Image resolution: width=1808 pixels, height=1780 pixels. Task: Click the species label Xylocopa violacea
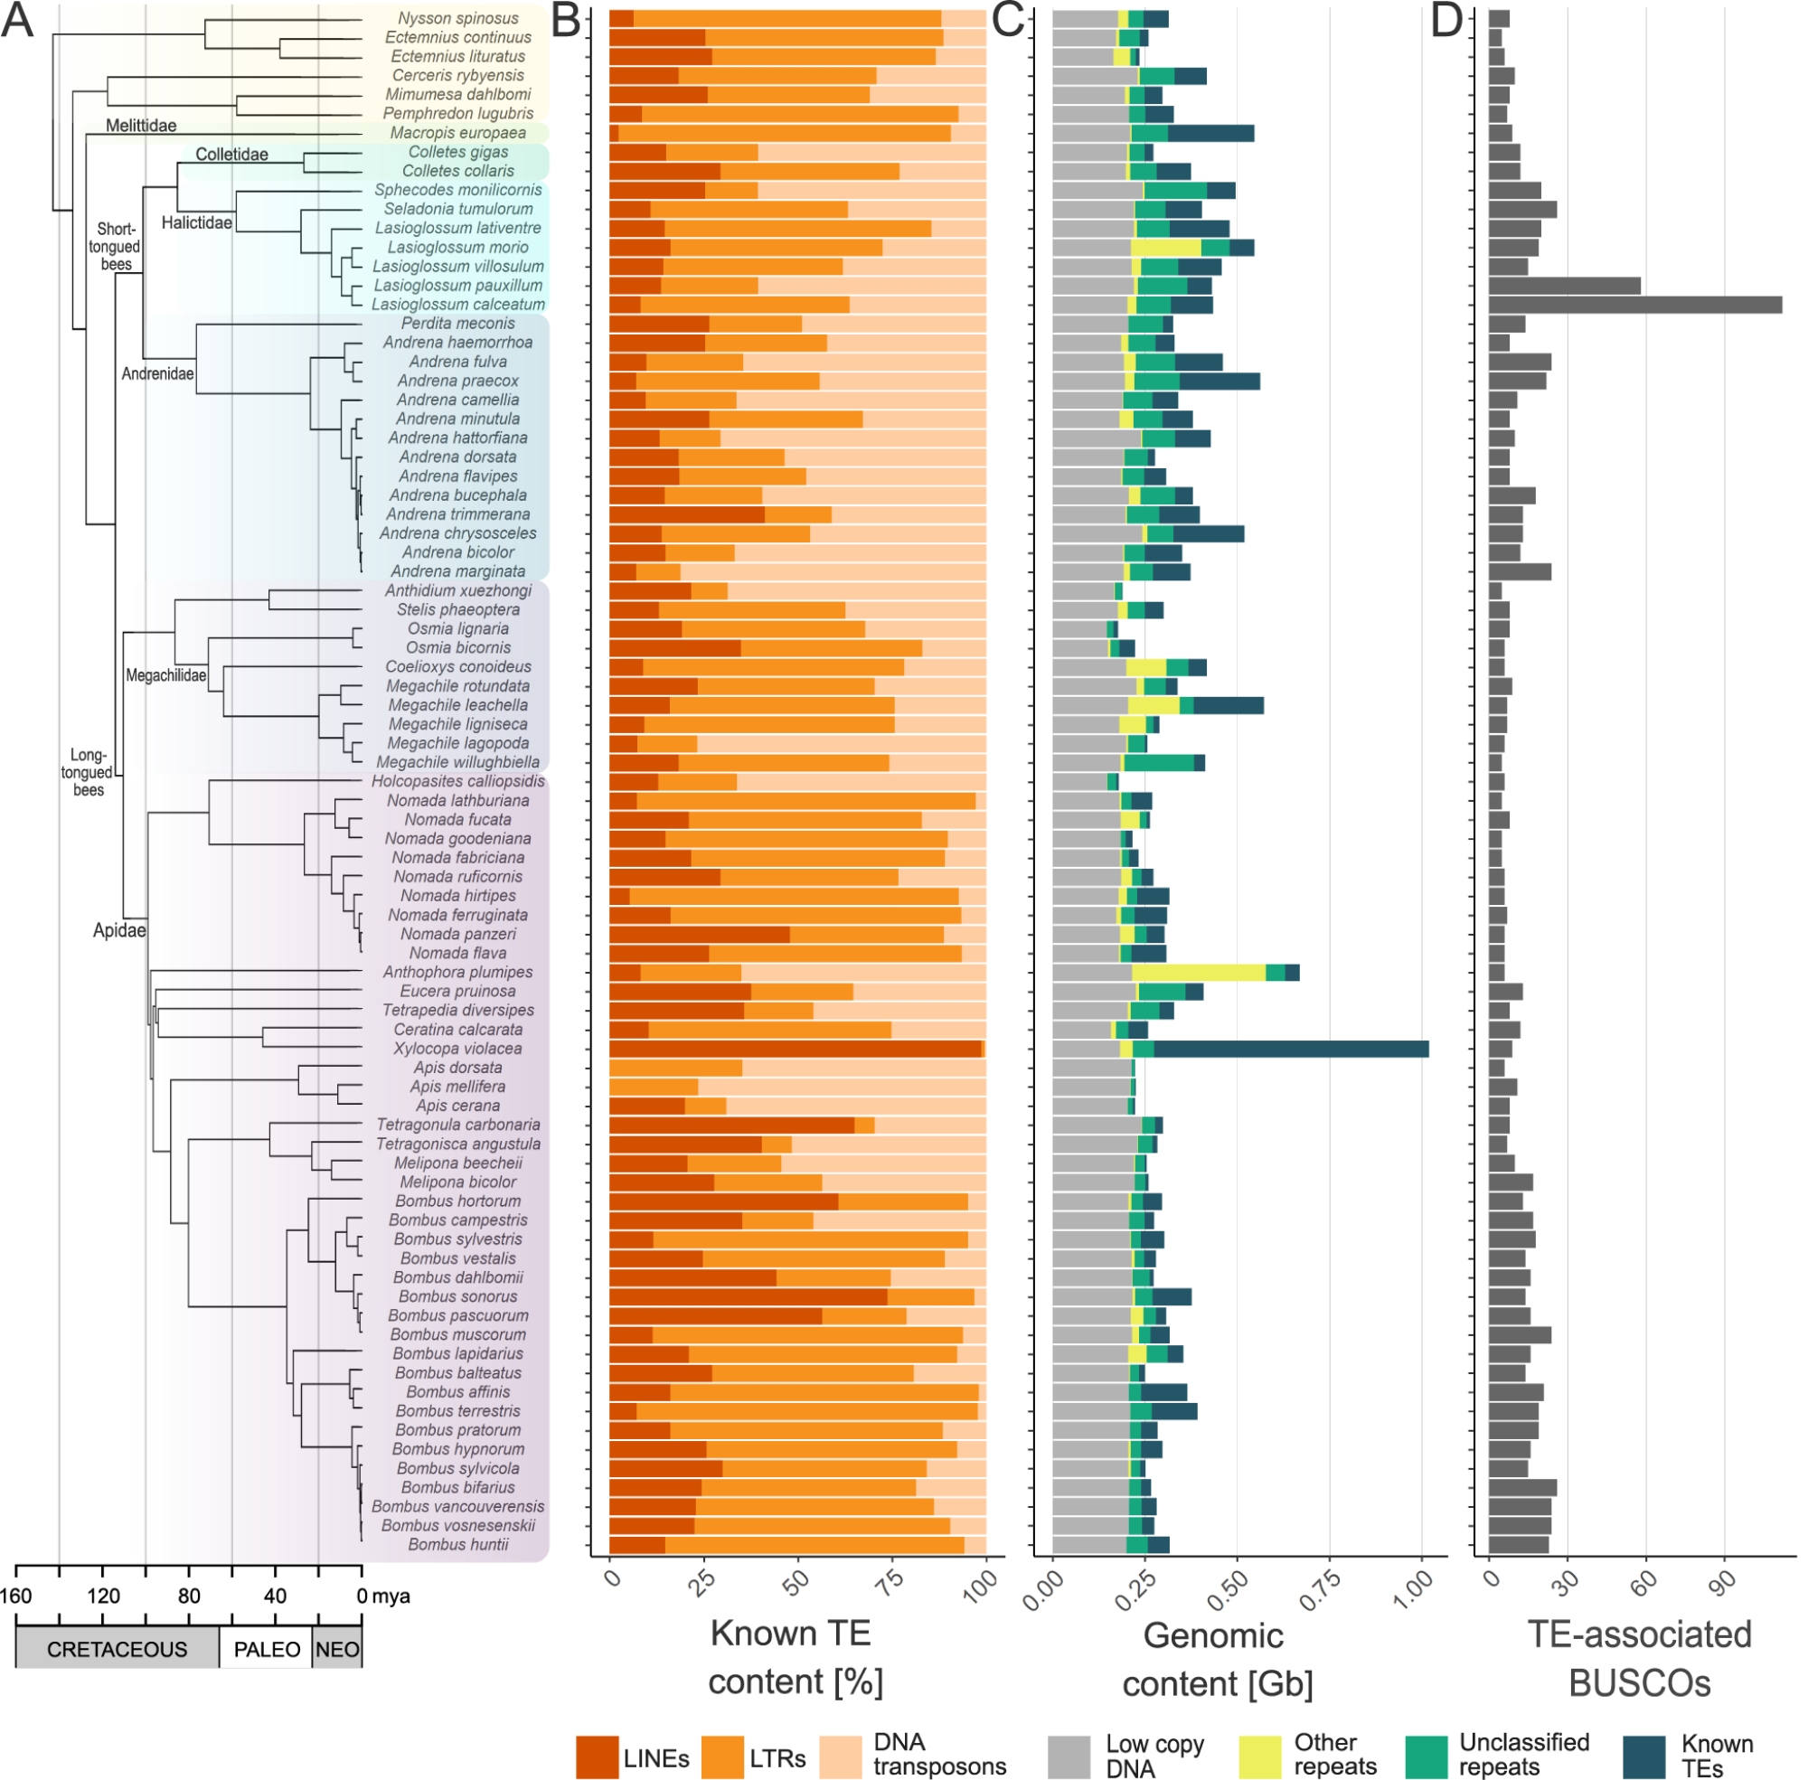tap(457, 1049)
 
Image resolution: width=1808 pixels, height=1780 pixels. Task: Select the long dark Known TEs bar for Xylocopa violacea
tap(1290, 1049)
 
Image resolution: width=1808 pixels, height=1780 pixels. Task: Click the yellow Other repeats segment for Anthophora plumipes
tap(1199, 973)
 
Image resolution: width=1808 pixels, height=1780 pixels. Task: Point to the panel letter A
tap(18, 21)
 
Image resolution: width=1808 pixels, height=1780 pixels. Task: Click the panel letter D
tap(1446, 21)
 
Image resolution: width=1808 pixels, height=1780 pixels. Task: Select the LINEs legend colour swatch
tap(597, 1756)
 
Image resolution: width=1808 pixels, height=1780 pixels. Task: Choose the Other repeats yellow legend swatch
tap(1259, 1756)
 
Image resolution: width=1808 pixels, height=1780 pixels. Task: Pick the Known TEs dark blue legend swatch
tap(1644, 1756)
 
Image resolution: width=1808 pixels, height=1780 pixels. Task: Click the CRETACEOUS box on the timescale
tap(117, 1649)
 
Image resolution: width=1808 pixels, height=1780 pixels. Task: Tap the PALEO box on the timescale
tap(267, 1649)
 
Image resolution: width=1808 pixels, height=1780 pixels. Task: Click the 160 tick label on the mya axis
tap(16, 1596)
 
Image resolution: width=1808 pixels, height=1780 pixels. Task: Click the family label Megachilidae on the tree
tap(165, 675)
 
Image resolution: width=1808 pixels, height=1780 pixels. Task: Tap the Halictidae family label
tap(196, 222)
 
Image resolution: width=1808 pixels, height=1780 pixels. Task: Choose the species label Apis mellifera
tap(457, 1087)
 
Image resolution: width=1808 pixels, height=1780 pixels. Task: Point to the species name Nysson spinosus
tap(457, 19)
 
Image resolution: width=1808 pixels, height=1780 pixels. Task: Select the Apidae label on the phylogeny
tap(118, 930)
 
